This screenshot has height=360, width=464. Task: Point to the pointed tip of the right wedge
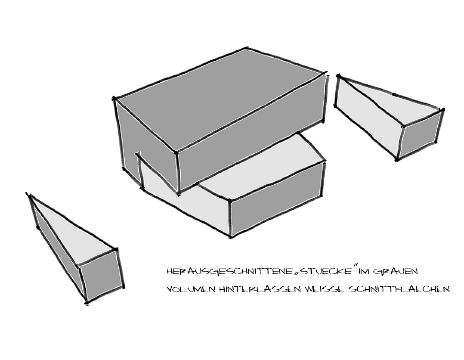[338, 76]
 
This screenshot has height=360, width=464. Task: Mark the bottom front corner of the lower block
[230, 237]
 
